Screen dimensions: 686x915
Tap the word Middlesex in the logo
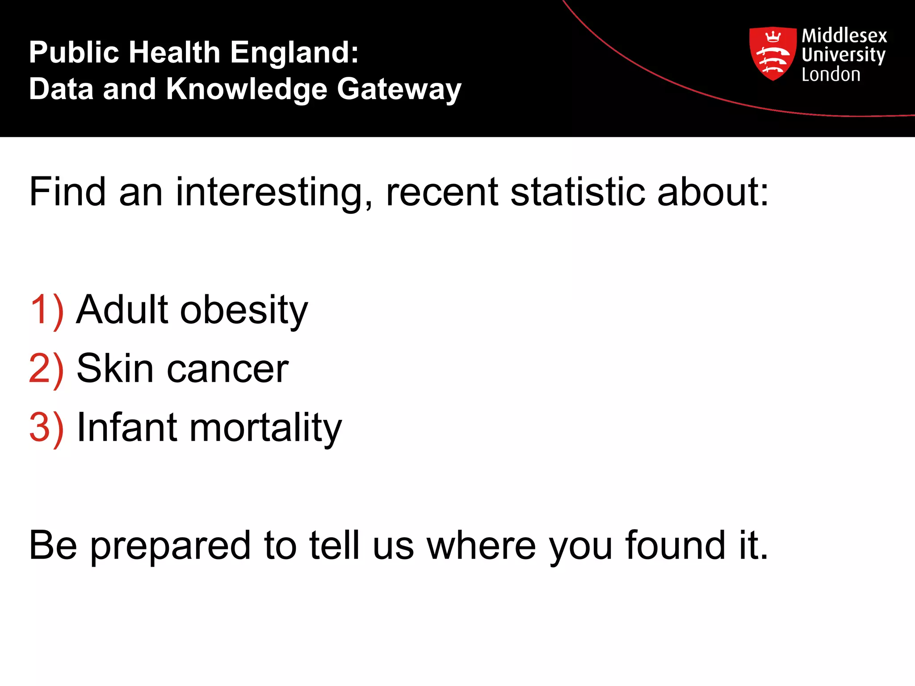pyautogui.click(x=844, y=36)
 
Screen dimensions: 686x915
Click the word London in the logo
pyautogui.click(x=831, y=75)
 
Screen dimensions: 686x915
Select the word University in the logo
pyautogui.click(x=843, y=55)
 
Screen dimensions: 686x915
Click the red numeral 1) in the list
pyautogui.click(x=46, y=310)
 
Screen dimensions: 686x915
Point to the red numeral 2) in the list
pyautogui.click(x=46, y=369)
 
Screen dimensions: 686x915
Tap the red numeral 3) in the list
pyautogui.click(x=46, y=428)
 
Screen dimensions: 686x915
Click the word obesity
pyautogui.click(x=244, y=310)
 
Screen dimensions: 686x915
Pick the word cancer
pyautogui.click(x=227, y=370)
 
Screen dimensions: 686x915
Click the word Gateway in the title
pyautogui.click(x=399, y=89)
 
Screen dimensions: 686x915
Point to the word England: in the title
pyautogui.click(x=294, y=52)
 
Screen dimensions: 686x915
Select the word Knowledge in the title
pyautogui.click(x=247, y=89)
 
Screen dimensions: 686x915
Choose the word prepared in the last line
pyautogui.click(x=171, y=546)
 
